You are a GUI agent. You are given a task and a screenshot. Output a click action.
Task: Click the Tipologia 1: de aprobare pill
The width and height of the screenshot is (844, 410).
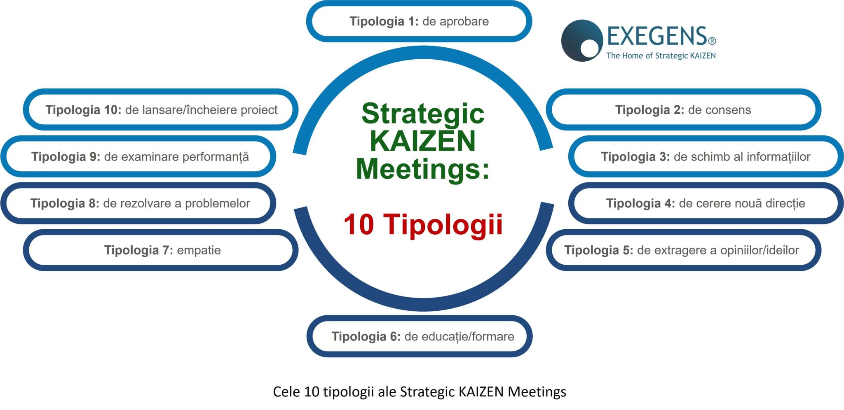[419, 21]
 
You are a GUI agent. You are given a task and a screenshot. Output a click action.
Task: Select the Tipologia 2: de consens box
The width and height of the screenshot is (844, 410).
[683, 110]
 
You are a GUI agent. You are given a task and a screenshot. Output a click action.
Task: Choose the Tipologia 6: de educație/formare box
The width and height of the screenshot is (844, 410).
[419, 337]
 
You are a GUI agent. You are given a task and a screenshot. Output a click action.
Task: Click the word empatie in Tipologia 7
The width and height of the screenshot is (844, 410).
[199, 250]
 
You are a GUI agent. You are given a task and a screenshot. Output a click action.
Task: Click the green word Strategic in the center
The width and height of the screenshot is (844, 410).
[423, 114]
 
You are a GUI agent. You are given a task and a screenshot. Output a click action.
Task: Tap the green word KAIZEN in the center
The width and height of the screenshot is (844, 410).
[423, 141]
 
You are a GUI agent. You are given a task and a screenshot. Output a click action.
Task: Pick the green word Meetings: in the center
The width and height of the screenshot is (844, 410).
[423, 169]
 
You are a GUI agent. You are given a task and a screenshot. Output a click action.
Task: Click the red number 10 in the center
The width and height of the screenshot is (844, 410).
[359, 225]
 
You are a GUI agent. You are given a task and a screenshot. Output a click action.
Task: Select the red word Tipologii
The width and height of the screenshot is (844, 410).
[443, 225]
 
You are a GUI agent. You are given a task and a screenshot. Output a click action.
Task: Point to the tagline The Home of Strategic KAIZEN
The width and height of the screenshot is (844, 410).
[661, 56]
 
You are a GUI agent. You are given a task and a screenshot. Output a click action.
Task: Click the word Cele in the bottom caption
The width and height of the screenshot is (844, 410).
[286, 391]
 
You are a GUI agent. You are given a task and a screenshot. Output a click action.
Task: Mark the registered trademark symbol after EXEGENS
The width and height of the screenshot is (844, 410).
[712, 41]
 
